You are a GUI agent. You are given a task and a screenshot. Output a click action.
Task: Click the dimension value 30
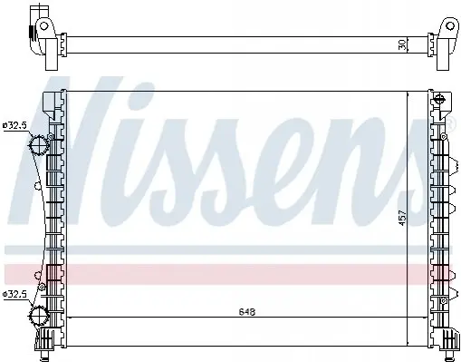point(402,45)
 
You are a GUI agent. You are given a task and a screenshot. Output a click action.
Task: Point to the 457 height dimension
point(402,218)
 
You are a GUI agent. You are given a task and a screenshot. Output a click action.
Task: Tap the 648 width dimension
point(247,311)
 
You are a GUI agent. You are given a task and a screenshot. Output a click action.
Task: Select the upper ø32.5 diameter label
point(14,125)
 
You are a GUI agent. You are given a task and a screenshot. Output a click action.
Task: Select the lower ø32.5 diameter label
point(14,294)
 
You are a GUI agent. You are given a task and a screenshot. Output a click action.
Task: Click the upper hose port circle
point(39,145)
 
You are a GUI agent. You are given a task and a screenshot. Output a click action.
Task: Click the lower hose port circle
point(39,316)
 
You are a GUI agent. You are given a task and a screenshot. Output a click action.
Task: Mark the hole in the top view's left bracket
point(44,26)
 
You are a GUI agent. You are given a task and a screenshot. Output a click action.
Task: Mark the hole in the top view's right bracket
point(450,26)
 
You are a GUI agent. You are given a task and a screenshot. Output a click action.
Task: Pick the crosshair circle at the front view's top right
point(439,99)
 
